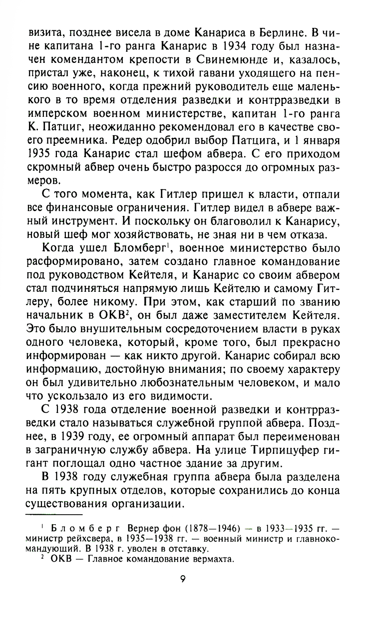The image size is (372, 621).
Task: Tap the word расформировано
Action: [70, 261]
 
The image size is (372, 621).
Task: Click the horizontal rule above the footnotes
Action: [54, 515]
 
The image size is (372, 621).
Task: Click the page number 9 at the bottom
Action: [183, 580]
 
